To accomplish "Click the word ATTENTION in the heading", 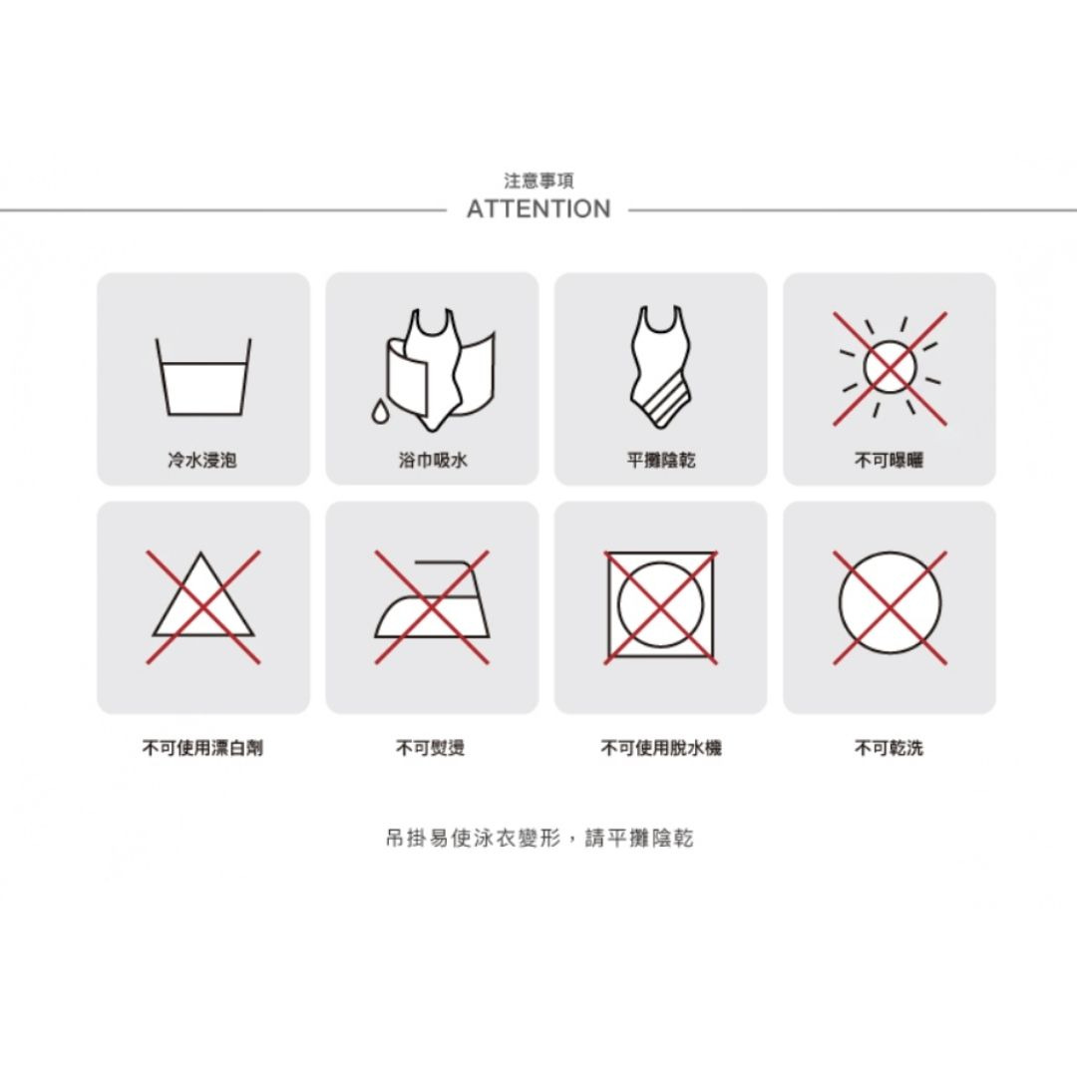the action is (538, 208).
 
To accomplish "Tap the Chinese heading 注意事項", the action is (538, 180).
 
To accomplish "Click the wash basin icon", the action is (203, 377).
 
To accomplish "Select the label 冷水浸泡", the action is (202, 460).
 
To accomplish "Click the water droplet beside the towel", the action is (379, 412).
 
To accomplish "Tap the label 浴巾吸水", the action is (432, 460).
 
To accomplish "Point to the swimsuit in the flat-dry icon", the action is (660, 367).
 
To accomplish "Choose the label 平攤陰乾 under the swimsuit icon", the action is (661, 460).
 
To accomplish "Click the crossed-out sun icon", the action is (891, 369).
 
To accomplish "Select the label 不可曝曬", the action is (889, 460).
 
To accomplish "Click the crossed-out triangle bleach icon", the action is (203, 606).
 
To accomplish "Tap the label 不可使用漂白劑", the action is (202, 747).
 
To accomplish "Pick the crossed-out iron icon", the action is (432, 606).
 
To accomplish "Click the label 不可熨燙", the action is (431, 747).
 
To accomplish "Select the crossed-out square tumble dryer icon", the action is (660, 606).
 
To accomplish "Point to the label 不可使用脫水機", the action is (661, 747).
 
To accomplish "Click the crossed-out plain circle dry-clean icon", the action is (891, 606).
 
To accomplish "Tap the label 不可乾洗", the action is (889, 747).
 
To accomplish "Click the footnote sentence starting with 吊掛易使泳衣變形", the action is (539, 838).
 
